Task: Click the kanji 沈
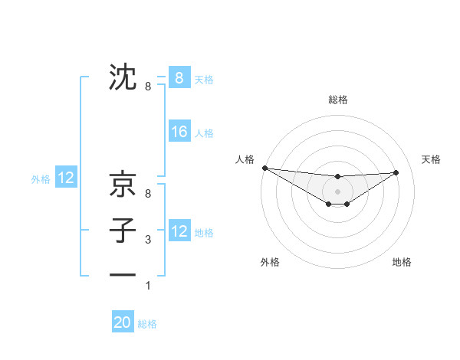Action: (123, 78)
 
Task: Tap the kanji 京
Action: (123, 185)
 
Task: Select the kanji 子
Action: (123, 231)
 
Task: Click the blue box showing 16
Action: (179, 132)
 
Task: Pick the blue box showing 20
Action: (123, 322)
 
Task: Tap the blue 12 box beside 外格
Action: (66, 178)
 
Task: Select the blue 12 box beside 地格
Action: (179, 231)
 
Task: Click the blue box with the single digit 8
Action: (179, 78)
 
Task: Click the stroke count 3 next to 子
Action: (148, 240)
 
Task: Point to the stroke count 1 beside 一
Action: (148, 286)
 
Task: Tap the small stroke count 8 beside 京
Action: (148, 194)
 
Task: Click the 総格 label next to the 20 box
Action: (147, 324)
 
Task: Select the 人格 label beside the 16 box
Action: (204, 133)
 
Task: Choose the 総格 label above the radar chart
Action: (338, 100)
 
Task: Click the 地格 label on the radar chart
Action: (402, 262)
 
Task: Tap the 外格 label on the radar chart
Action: (270, 262)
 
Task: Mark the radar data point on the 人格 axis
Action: (264, 168)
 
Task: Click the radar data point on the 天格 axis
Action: (396, 172)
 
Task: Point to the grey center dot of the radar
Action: (338, 191)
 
